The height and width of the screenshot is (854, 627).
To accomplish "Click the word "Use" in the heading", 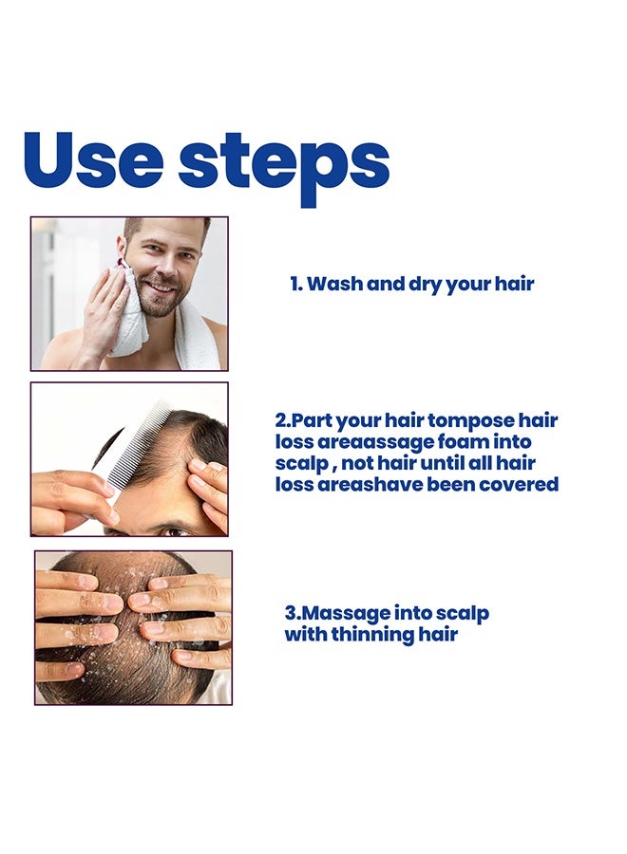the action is point(94,160).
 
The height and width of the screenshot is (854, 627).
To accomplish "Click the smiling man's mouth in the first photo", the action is point(159,287).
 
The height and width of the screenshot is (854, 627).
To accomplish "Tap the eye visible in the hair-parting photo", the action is point(176,530).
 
